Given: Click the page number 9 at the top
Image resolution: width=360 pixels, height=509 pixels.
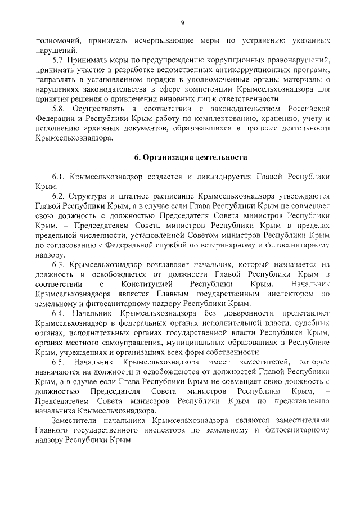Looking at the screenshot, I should pyautogui.click(x=182, y=23).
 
